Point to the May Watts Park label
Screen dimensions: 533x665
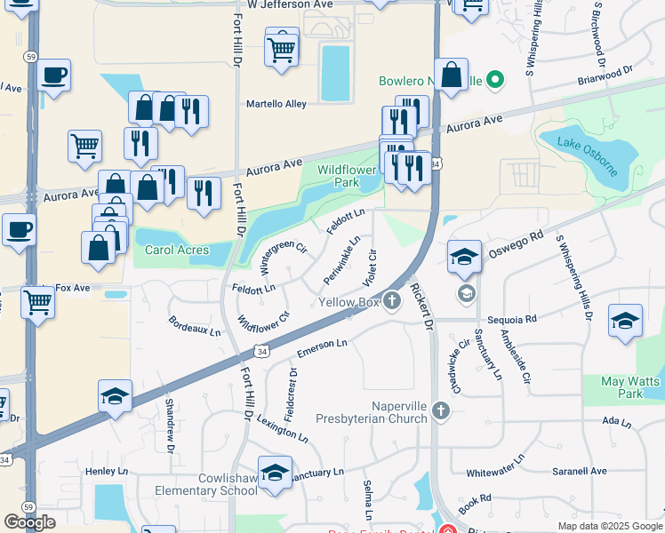click(x=621, y=387)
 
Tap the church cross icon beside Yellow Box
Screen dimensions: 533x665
click(x=392, y=302)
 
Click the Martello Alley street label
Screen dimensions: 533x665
click(x=276, y=104)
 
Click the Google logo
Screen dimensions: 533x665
click(x=30, y=522)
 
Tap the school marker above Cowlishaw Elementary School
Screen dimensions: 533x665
click(x=275, y=473)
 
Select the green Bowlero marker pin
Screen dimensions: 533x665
click(x=496, y=82)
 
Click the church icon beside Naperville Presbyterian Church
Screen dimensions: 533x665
click(x=440, y=410)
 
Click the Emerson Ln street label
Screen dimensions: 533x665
click(x=322, y=344)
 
